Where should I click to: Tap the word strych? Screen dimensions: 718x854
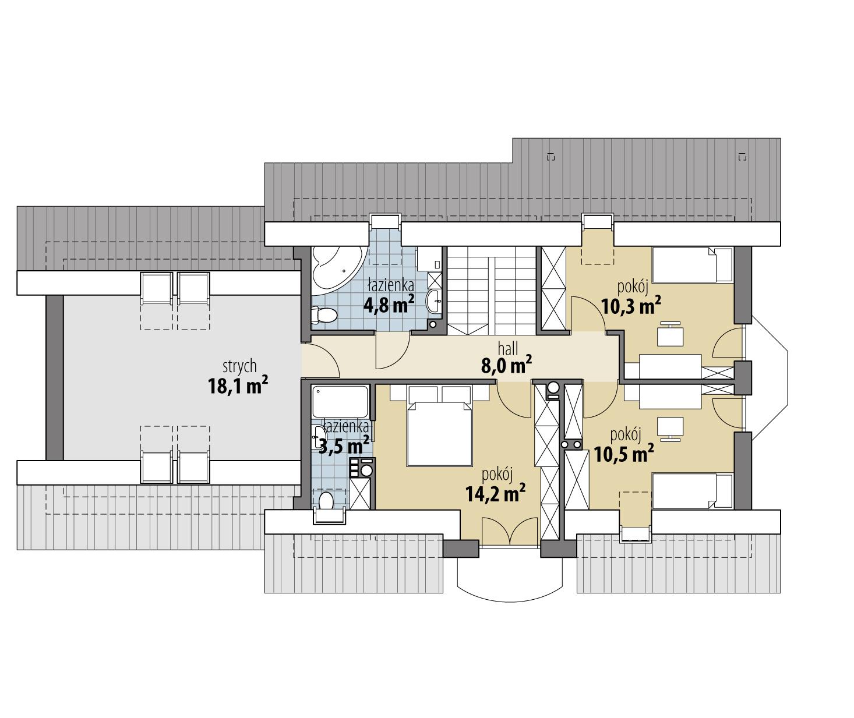point(239,366)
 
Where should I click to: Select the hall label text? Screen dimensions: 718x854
point(508,349)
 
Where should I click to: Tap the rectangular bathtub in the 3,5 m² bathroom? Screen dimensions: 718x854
point(340,400)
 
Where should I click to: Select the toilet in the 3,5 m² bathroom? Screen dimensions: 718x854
point(327,500)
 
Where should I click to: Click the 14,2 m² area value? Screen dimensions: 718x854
point(496,494)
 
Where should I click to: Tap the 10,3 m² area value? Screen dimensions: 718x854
point(631,305)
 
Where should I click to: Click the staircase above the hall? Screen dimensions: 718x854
point(492,289)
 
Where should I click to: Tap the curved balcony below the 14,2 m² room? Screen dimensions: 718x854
point(510,576)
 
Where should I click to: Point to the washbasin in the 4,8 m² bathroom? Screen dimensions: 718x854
point(433,301)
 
